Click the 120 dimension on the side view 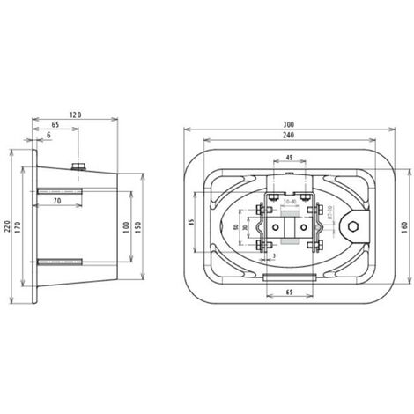click(x=76, y=115)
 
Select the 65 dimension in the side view click(x=56, y=126)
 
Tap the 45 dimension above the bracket click(x=289, y=159)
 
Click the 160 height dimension click(x=401, y=226)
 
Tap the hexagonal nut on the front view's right click(x=352, y=227)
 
